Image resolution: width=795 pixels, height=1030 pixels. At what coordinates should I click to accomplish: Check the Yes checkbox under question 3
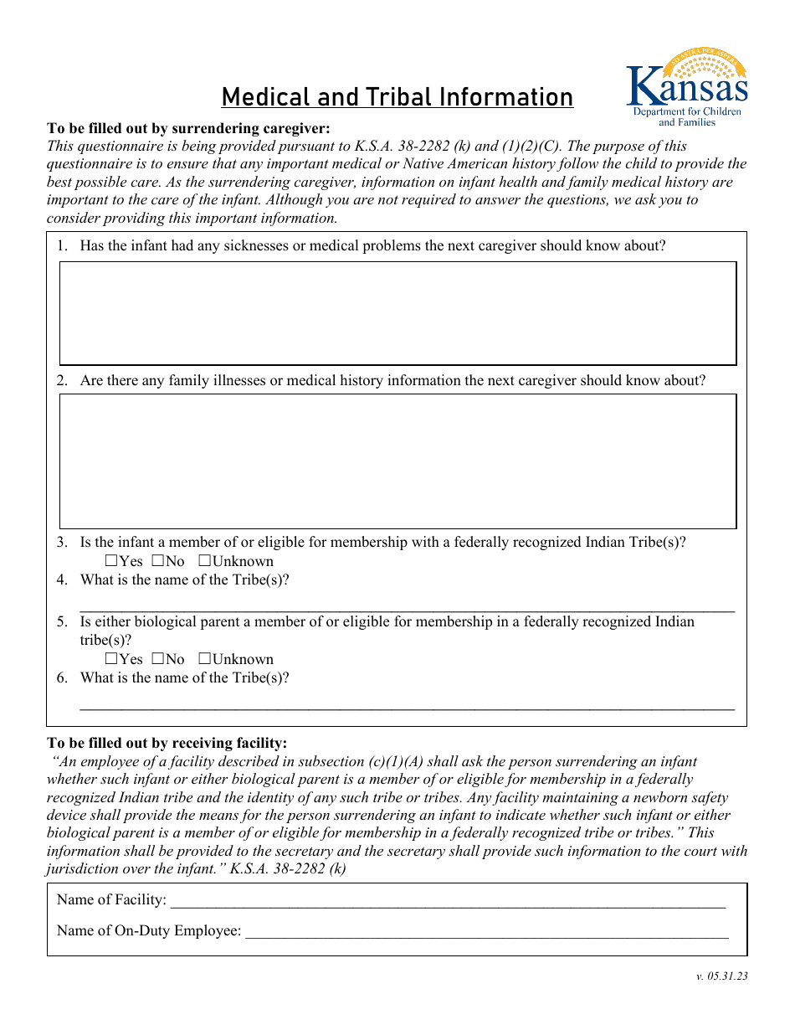[111, 561]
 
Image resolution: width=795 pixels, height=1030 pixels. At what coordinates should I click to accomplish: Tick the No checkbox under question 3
[157, 561]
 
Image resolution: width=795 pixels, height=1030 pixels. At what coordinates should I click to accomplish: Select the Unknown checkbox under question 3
[204, 561]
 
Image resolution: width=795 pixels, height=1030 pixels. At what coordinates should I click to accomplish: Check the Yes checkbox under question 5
[111, 659]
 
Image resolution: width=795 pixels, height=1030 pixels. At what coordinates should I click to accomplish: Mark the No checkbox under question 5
[157, 659]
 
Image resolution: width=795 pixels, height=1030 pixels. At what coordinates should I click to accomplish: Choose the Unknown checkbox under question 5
[204, 659]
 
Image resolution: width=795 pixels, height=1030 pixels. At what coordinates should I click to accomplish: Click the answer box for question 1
[397, 313]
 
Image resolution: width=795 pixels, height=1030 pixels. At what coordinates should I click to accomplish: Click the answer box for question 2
[397, 461]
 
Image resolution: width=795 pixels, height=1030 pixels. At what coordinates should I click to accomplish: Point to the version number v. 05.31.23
[721, 976]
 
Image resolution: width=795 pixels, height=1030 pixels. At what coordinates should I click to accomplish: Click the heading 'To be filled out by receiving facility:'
[167, 743]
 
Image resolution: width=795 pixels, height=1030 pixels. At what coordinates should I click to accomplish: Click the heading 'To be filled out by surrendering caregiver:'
[188, 128]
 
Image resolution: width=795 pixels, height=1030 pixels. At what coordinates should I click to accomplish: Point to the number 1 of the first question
[61, 246]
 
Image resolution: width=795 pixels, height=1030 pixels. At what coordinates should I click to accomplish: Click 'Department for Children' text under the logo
[686, 111]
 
